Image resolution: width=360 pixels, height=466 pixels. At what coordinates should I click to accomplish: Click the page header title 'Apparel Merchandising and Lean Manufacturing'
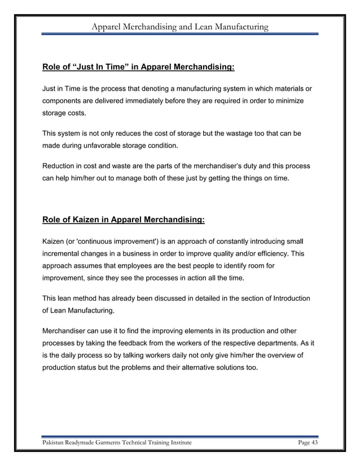tap(180, 27)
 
